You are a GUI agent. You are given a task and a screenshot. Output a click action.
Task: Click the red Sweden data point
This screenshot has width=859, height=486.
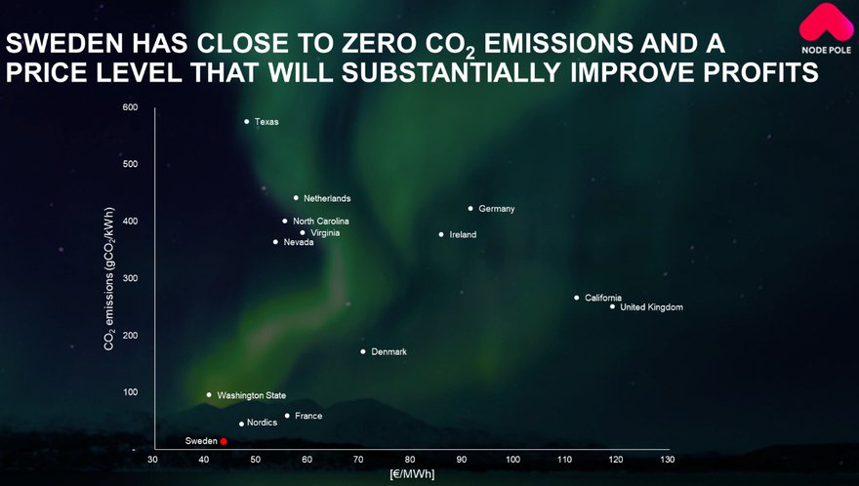point(224,442)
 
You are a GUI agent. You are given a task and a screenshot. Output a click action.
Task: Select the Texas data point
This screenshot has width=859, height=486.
point(247,122)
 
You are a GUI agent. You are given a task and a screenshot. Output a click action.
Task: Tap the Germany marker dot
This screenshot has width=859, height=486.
point(470,209)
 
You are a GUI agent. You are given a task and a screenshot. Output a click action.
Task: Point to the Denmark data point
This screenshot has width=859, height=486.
point(363,351)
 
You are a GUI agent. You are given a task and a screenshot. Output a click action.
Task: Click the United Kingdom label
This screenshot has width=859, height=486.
point(651,307)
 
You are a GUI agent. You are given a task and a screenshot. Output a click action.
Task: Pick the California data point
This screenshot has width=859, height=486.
point(576,298)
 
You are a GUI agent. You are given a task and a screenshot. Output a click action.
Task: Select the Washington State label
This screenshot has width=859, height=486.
point(252,395)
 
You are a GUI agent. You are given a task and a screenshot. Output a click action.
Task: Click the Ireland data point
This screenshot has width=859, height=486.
point(441,234)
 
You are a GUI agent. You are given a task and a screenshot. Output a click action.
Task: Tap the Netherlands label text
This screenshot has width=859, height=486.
point(327,198)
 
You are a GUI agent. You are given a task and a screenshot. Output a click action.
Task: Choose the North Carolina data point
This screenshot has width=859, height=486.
point(284,222)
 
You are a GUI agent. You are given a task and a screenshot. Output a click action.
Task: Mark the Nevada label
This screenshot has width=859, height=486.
point(299,242)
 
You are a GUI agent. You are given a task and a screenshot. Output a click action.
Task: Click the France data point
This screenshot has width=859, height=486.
point(287,416)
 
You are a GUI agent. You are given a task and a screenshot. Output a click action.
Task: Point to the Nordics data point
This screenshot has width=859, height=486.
point(242,425)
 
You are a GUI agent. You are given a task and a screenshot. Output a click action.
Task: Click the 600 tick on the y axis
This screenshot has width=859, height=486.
point(131,107)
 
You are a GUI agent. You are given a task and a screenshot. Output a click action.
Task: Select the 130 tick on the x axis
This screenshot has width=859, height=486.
point(668,460)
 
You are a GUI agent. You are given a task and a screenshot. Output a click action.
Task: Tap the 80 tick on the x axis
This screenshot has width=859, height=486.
point(410,460)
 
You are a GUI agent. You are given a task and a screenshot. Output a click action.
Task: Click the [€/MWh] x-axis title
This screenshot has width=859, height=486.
point(412,474)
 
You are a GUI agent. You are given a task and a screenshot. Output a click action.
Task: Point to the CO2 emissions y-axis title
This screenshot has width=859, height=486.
point(109,279)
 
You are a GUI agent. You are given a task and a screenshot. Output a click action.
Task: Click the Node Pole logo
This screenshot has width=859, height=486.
point(826,29)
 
